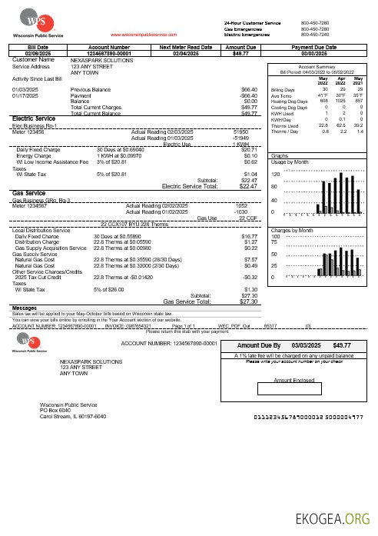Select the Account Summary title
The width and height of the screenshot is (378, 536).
[x=317, y=68]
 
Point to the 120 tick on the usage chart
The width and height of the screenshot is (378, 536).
[x=276, y=175]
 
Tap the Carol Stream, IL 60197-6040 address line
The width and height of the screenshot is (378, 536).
[x=73, y=416]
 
